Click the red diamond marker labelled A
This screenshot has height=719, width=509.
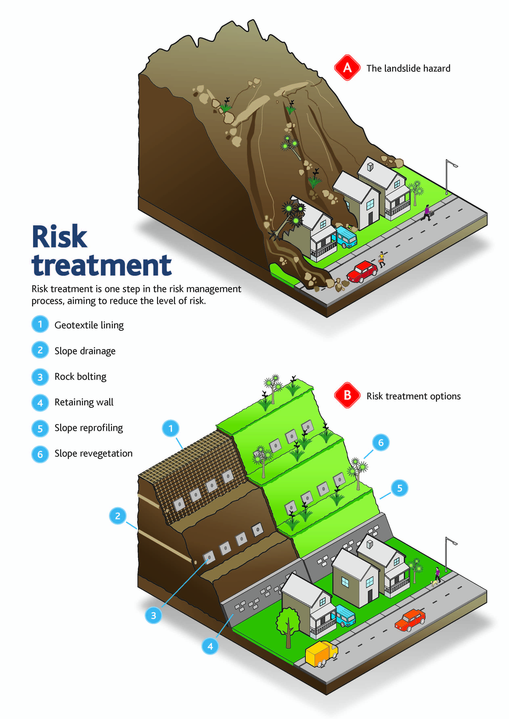click(347, 68)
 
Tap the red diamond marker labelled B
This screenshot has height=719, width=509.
click(347, 395)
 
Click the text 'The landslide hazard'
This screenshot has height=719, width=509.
click(408, 68)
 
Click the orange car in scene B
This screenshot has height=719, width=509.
click(410, 620)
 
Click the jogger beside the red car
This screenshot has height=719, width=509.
click(381, 259)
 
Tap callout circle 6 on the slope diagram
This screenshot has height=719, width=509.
click(381, 442)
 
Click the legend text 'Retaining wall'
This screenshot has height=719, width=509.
click(84, 402)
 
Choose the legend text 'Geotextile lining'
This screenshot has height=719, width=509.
click(89, 325)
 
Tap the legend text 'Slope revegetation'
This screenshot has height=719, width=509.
click(93, 454)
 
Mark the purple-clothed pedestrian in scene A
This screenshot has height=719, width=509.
click(427, 213)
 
